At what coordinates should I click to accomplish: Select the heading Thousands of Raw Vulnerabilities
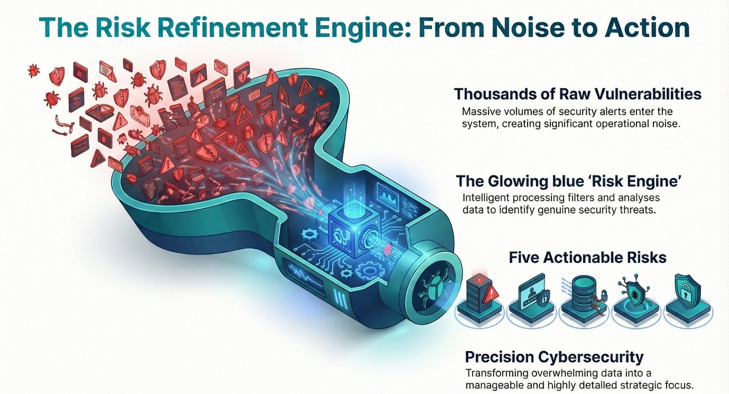coord(577,94)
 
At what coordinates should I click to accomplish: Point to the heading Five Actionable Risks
coord(587,258)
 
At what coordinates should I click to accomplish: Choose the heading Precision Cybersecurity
coord(555,355)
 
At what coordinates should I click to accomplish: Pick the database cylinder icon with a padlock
coord(580,294)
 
